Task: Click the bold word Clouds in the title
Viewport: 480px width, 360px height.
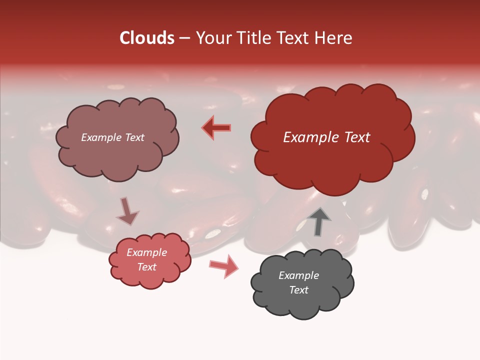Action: pyautogui.click(x=147, y=38)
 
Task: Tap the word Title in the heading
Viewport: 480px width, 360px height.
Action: pyautogui.click(x=254, y=38)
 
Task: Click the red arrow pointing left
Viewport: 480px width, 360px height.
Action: pyautogui.click(x=216, y=127)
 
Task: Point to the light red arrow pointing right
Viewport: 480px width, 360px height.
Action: pyautogui.click(x=224, y=265)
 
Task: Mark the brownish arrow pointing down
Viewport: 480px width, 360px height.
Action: pyautogui.click(x=127, y=211)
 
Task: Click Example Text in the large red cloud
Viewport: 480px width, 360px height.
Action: pyautogui.click(x=326, y=137)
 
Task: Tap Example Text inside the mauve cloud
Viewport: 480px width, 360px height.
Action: pyautogui.click(x=112, y=137)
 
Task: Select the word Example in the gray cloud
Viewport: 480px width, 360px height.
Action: pyautogui.click(x=298, y=275)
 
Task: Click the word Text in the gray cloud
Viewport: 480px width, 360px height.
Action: pyautogui.click(x=298, y=290)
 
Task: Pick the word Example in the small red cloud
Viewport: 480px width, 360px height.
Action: pyautogui.click(x=146, y=252)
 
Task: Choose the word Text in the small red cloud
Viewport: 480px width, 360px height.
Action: pyautogui.click(x=146, y=267)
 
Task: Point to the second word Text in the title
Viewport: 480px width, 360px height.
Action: pyautogui.click(x=295, y=38)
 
